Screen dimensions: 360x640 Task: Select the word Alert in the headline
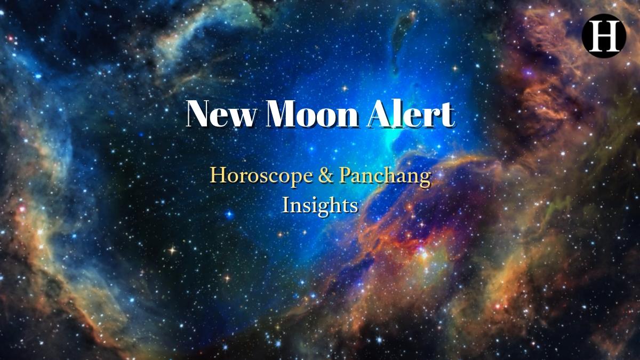(x=411, y=114)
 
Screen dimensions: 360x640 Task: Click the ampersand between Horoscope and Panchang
(x=326, y=176)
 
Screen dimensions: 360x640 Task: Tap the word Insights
(x=320, y=205)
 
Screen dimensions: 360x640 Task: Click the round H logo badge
(x=603, y=34)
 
